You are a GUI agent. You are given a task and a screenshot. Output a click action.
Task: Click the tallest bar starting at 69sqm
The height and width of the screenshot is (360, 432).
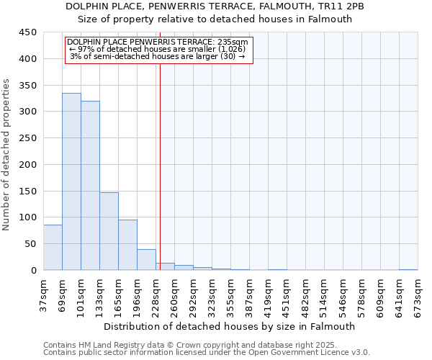tap(71, 181)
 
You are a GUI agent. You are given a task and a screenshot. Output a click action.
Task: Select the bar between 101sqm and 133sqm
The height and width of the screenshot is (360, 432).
tap(90, 185)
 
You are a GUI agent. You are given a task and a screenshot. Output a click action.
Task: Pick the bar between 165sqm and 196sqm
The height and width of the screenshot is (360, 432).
tap(127, 245)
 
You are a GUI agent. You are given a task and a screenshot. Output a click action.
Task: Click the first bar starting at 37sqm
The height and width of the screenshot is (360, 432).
tap(53, 248)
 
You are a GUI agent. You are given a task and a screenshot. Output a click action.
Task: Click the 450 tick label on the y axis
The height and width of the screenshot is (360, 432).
tap(27, 32)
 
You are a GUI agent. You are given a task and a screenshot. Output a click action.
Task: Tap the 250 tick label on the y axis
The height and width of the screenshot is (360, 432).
tap(27, 138)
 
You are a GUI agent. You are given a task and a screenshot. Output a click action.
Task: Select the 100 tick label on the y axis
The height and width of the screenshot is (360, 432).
tap(27, 217)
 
